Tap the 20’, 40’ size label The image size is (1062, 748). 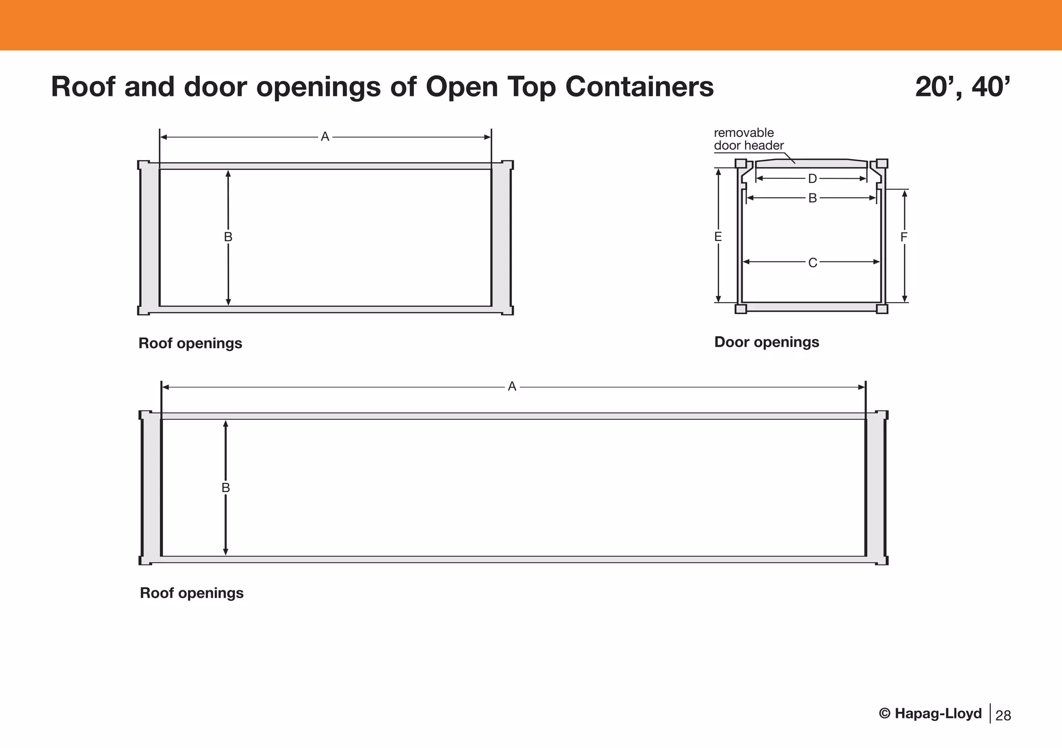point(962,87)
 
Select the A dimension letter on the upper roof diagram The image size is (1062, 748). point(325,137)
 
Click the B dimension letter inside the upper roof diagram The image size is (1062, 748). point(228,237)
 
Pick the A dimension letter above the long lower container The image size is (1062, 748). point(512,387)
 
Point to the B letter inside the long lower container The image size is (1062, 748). point(226,488)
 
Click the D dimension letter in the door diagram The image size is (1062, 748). point(813,179)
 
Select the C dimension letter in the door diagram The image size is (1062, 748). point(813,263)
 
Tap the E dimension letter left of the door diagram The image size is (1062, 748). point(718,237)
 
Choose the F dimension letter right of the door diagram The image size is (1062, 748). point(904,237)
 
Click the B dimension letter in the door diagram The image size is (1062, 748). point(813,198)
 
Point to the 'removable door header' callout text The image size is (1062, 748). point(748,139)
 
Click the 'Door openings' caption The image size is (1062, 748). point(766,342)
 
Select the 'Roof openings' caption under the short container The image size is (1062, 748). point(190,343)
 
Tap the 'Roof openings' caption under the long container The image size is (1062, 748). point(192,593)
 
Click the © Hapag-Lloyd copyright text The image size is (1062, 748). point(930,714)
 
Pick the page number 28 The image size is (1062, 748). point(1003,715)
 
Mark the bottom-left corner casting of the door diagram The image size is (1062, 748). point(741,309)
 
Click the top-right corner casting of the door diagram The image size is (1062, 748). point(882,163)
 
